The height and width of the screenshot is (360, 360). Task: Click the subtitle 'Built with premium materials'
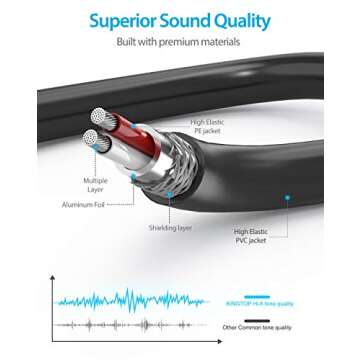180,42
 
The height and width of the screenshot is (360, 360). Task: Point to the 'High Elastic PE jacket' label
211,126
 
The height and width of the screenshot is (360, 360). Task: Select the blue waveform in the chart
130,299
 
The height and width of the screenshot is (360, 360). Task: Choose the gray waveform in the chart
130,325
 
